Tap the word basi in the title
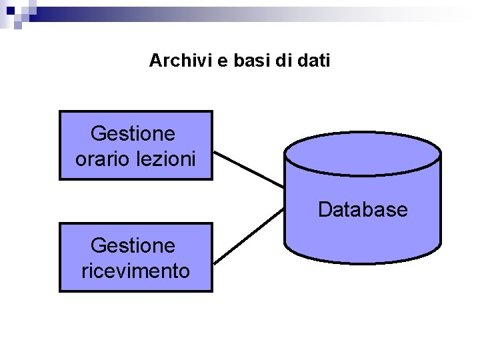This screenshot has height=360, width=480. (250, 61)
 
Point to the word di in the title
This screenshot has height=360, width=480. (285, 61)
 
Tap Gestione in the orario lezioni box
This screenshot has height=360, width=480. (133, 134)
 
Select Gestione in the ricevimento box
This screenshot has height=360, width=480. (133, 246)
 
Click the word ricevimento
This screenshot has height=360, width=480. (135, 271)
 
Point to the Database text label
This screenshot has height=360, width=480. (362, 210)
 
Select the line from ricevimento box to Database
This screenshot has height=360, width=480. (248, 235)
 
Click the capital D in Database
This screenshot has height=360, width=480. (325, 210)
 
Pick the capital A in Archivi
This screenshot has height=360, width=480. (155, 61)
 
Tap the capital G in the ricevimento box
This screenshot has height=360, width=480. (97, 246)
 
